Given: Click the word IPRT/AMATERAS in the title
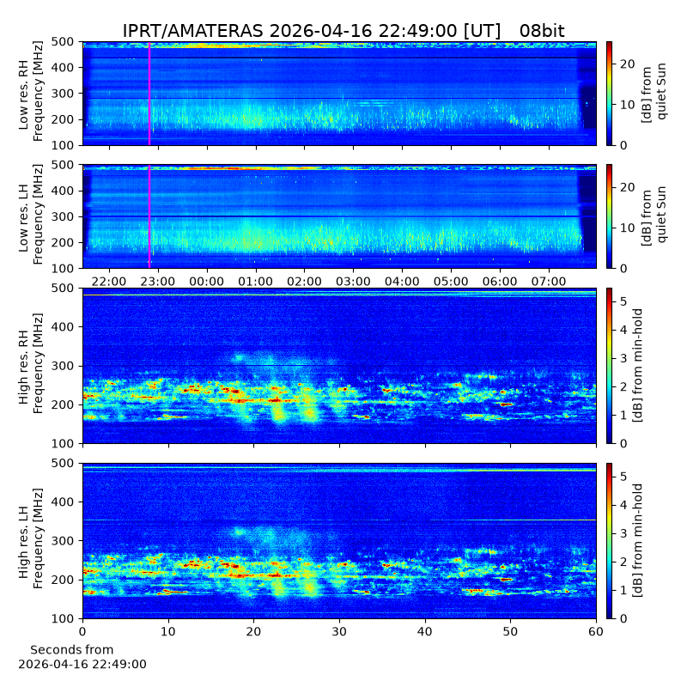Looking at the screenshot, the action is (x=192, y=31).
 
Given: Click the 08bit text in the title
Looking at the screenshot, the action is (x=542, y=31).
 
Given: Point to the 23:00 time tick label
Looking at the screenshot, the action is (x=158, y=282).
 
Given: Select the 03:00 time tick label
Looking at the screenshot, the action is (x=353, y=282).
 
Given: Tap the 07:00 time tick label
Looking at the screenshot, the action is (x=549, y=282).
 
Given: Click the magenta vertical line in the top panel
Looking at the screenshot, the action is (x=149, y=94).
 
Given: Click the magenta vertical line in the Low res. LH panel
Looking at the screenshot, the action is (x=149, y=216).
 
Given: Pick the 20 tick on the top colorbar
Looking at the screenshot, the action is (x=628, y=64).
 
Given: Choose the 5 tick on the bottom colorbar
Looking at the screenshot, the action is (x=624, y=477).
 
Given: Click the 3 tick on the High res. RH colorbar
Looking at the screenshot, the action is (x=624, y=358).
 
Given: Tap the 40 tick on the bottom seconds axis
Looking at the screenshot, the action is (x=424, y=631).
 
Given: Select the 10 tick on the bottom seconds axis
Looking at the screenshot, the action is (x=168, y=631).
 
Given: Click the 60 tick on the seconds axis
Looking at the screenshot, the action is (x=596, y=631).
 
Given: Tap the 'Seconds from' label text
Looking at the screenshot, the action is (x=72, y=650).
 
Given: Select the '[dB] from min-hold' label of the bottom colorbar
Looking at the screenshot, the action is (x=637, y=541).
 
